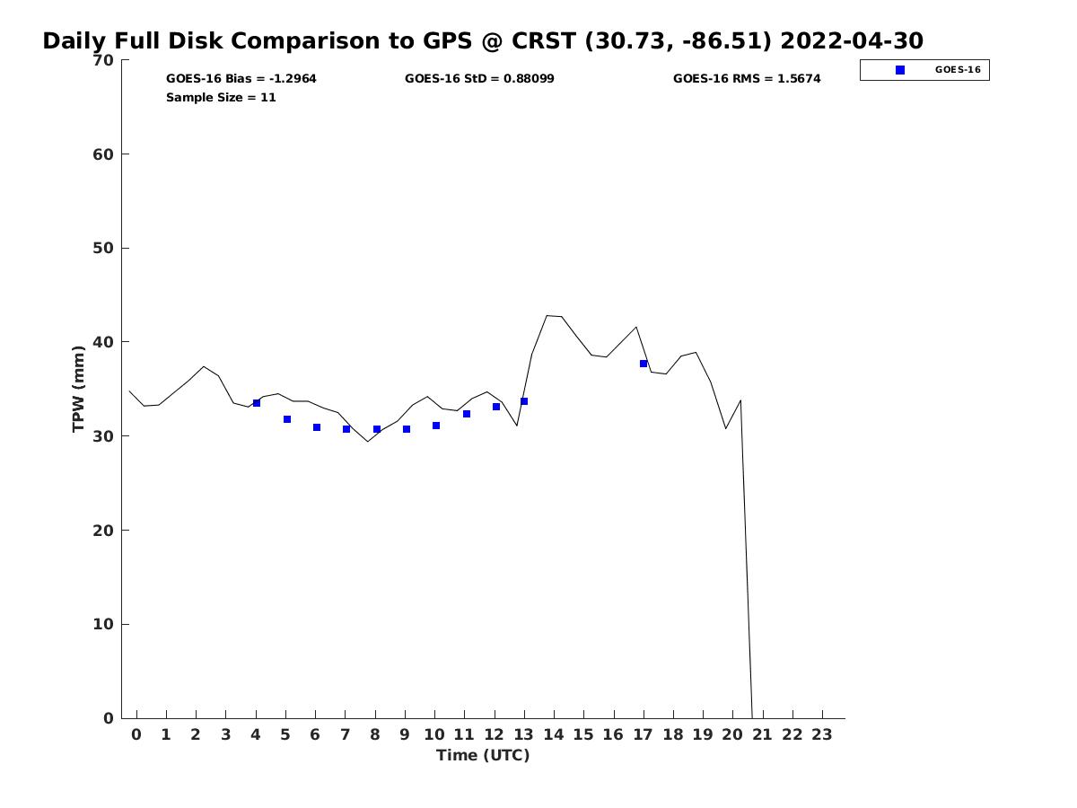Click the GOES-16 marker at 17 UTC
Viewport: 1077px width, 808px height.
click(644, 364)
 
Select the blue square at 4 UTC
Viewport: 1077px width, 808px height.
click(257, 403)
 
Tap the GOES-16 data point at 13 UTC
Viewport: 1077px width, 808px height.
click(524, 401)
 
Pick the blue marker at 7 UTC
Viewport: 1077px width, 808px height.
click(346, 429)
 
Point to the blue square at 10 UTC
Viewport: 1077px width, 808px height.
click(436, 426)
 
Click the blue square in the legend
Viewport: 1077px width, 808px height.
click(900, 70)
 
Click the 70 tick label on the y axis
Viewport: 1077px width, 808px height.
click(103, 60)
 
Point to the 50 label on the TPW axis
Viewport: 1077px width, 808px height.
click(103, 248)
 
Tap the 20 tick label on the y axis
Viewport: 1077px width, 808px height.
click(103, 531)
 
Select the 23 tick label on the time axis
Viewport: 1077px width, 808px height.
click(822, 734)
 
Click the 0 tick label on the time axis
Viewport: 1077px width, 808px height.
click(136, 734)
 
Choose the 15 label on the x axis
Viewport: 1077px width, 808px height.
click(583, 734)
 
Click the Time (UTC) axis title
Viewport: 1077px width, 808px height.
click(483, 755)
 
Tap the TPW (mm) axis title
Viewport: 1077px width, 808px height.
click(79, 389)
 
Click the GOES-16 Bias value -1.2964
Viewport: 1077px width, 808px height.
click(293, 79)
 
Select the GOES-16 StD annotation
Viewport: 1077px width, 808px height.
click(479, 79)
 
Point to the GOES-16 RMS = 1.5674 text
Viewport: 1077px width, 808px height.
click(747, 79)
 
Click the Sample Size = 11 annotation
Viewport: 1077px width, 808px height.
click(221, 98)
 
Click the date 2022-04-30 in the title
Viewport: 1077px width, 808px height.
click(852, 41)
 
